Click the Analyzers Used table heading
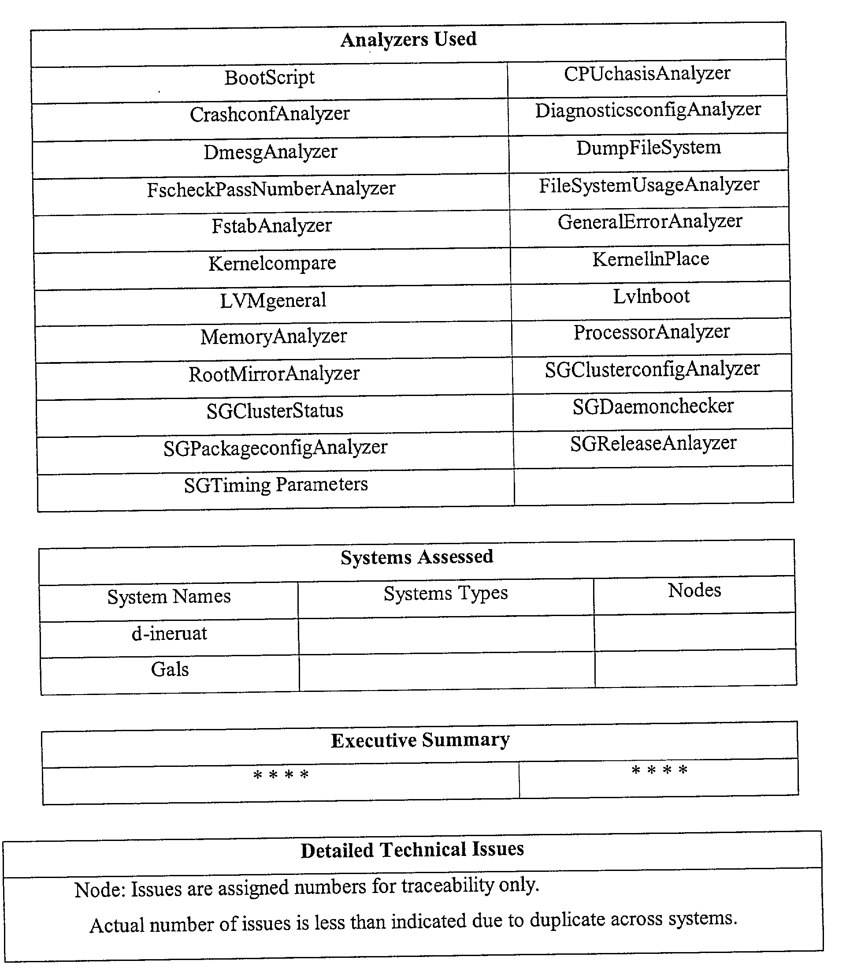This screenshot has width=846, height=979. [x=408, y=40]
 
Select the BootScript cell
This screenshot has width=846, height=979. [x=269, y=78]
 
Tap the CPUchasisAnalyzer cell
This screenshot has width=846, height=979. [x=647, y=74]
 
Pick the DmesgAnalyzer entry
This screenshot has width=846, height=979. [x=271, y=152]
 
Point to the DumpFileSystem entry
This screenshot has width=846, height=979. [x=648, y=148]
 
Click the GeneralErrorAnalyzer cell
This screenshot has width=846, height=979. [x=649, y=221]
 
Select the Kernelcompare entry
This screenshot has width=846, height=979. [x=272, y=263]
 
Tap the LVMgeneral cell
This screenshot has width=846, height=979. [x=273, y=300]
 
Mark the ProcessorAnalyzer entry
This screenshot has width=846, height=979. [x=652, y=332]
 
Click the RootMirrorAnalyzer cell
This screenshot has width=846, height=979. [x=274, y=374]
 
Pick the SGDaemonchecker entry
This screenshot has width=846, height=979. [x=653, y=406]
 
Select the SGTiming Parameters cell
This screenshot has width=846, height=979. [x=276, y=485]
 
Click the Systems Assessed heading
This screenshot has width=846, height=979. [x=417, y=557]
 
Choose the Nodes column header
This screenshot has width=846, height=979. [x=694, y=590]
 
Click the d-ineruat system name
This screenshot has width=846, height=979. [x=169, y=633]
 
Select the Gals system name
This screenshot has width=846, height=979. [x=170, y=669]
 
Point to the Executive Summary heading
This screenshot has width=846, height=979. [x=420, y=740]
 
